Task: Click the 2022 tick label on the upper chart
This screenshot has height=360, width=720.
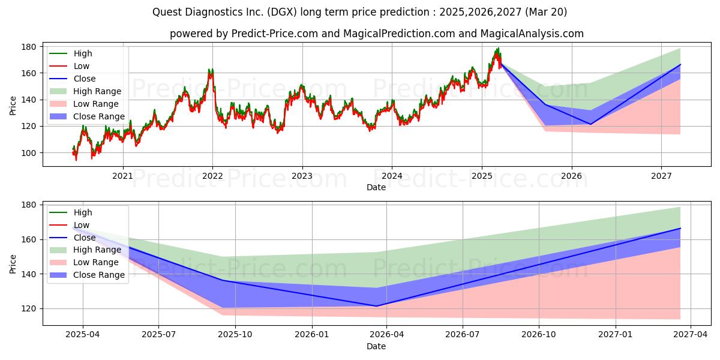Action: [x=212, y=176]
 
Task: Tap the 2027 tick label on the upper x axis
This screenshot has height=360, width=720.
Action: [x=661, y=176]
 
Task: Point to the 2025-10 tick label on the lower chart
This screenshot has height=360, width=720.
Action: [x=235, y=335]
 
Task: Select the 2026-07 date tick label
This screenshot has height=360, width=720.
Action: [x=463, y=335]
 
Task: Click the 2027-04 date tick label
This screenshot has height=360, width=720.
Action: [x=691, y=335]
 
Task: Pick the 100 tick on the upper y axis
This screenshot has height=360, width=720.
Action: [x=28, y=154]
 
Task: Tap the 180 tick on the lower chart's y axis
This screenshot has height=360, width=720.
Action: [x=28, y=205]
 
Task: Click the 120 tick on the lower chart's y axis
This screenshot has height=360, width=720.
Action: [x=28, y=309]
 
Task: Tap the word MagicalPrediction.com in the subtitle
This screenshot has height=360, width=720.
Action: [x=399, y=34]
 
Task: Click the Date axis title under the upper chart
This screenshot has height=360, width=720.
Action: [x=376, y=187]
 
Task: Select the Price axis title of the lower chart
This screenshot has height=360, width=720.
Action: [x=13, y=264]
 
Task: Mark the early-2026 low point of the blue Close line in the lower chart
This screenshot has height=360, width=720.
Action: [x=376, y=306]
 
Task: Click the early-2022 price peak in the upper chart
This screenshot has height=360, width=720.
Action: [x=211, y=70]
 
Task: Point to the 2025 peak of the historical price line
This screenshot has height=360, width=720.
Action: [x=498, y=48]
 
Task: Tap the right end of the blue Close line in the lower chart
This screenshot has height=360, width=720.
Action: [x=680, y=228]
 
